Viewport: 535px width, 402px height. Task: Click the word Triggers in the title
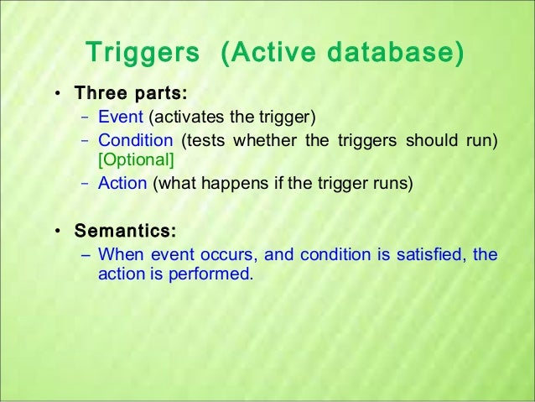144,53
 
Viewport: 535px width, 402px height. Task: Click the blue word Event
121,116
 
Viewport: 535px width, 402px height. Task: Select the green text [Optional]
136,159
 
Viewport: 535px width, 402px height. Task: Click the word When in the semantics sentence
117,253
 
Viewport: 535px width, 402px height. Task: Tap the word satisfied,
429,253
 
